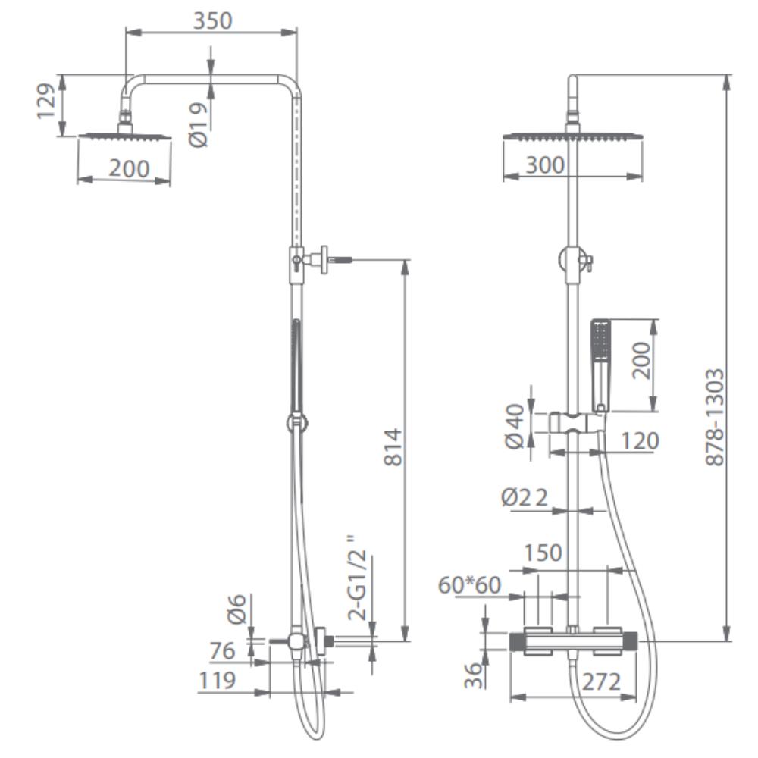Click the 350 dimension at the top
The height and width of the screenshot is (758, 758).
click(213, 20)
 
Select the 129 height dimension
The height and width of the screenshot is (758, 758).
click(47, 102)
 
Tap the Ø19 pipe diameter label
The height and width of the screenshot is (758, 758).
click(198, 125)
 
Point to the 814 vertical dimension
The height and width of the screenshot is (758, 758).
click(393, 447)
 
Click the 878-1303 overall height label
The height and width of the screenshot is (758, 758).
click(715, 417)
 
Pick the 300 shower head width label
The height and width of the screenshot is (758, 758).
click(545, 164)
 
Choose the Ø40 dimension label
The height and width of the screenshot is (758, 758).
click(515, 426)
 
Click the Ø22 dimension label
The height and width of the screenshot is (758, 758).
click(525, 497)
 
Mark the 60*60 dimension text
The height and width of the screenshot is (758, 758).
click(469, 585)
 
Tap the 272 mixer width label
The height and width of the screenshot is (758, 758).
click(601, 682)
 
